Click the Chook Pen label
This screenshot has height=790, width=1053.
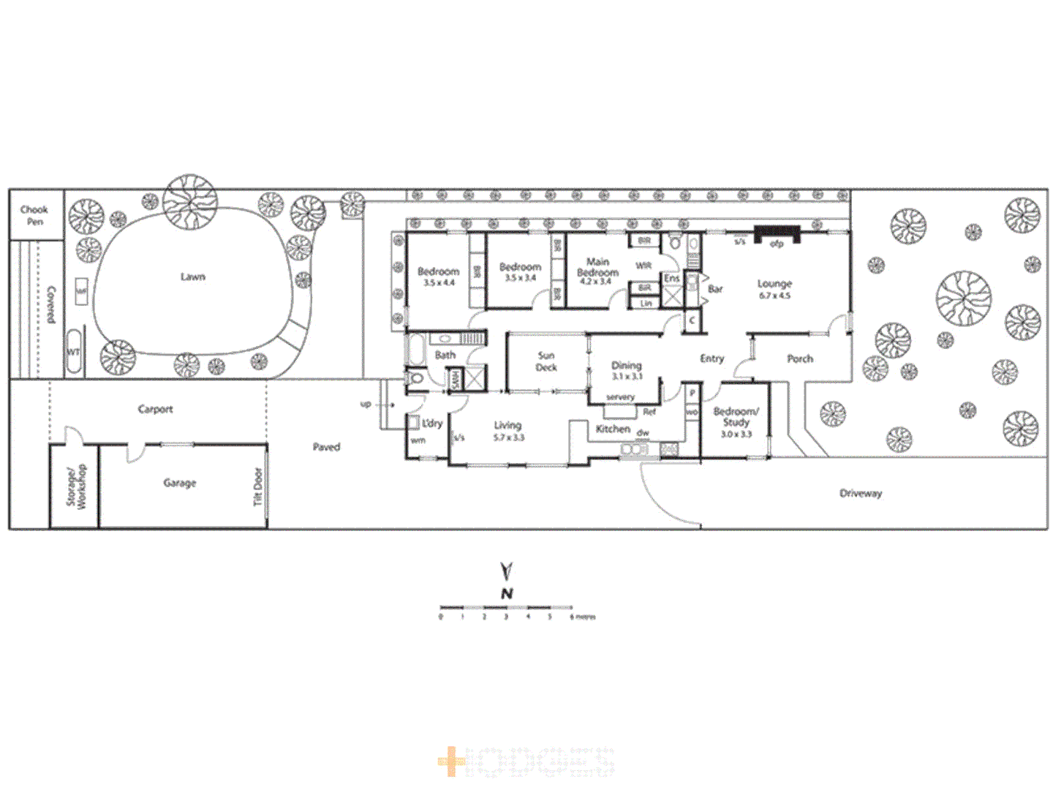coord(34,215)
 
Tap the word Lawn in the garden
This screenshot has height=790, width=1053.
coord(193,276)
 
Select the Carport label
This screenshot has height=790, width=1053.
coord(155,409)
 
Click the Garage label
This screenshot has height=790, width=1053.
coord(180,483)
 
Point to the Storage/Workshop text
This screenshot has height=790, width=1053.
coord(76,486)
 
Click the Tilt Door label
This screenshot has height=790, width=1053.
coord(257,486)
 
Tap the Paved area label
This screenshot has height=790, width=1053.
coord(326,447)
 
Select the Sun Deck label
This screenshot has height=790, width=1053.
coord(546,361)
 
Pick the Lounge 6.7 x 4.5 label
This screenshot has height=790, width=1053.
coord(774,289)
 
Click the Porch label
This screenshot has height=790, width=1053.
coord(800,358)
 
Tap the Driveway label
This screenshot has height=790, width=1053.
coord(861,493)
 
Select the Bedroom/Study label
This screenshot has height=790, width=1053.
coord(736,422)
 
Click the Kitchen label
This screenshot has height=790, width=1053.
coord(613,429)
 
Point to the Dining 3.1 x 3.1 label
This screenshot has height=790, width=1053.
coord(627,370)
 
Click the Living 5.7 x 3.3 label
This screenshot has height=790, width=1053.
coord(507,431)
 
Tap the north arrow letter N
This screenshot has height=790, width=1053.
coord(507,593)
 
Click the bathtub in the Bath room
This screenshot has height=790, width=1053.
coord(415,350)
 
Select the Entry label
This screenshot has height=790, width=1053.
coord(712,358)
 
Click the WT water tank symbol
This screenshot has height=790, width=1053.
coord(74,352)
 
